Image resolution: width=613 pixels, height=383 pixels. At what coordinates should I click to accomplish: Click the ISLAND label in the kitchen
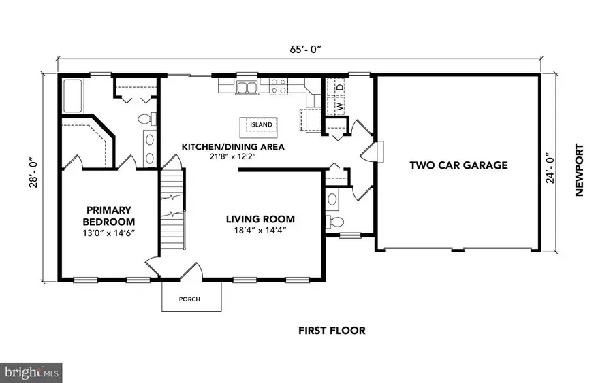[260, 125]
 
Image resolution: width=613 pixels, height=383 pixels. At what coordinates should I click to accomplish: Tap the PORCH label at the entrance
[189, 299]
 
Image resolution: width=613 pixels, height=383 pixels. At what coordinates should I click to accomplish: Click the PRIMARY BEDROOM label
[108, 216]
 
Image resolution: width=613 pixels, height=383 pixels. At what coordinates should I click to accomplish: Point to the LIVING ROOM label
[260, 219]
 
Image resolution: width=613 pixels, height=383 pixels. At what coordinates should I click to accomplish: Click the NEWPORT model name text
[580, 170]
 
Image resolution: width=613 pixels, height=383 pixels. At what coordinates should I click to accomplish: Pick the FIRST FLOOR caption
[332, 331]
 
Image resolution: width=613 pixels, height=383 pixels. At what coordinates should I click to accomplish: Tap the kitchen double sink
[247, 86]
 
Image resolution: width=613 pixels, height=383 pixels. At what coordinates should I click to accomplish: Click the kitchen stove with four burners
[279, 86]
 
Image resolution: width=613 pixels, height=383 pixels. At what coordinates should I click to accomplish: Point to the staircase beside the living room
[173, 212]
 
